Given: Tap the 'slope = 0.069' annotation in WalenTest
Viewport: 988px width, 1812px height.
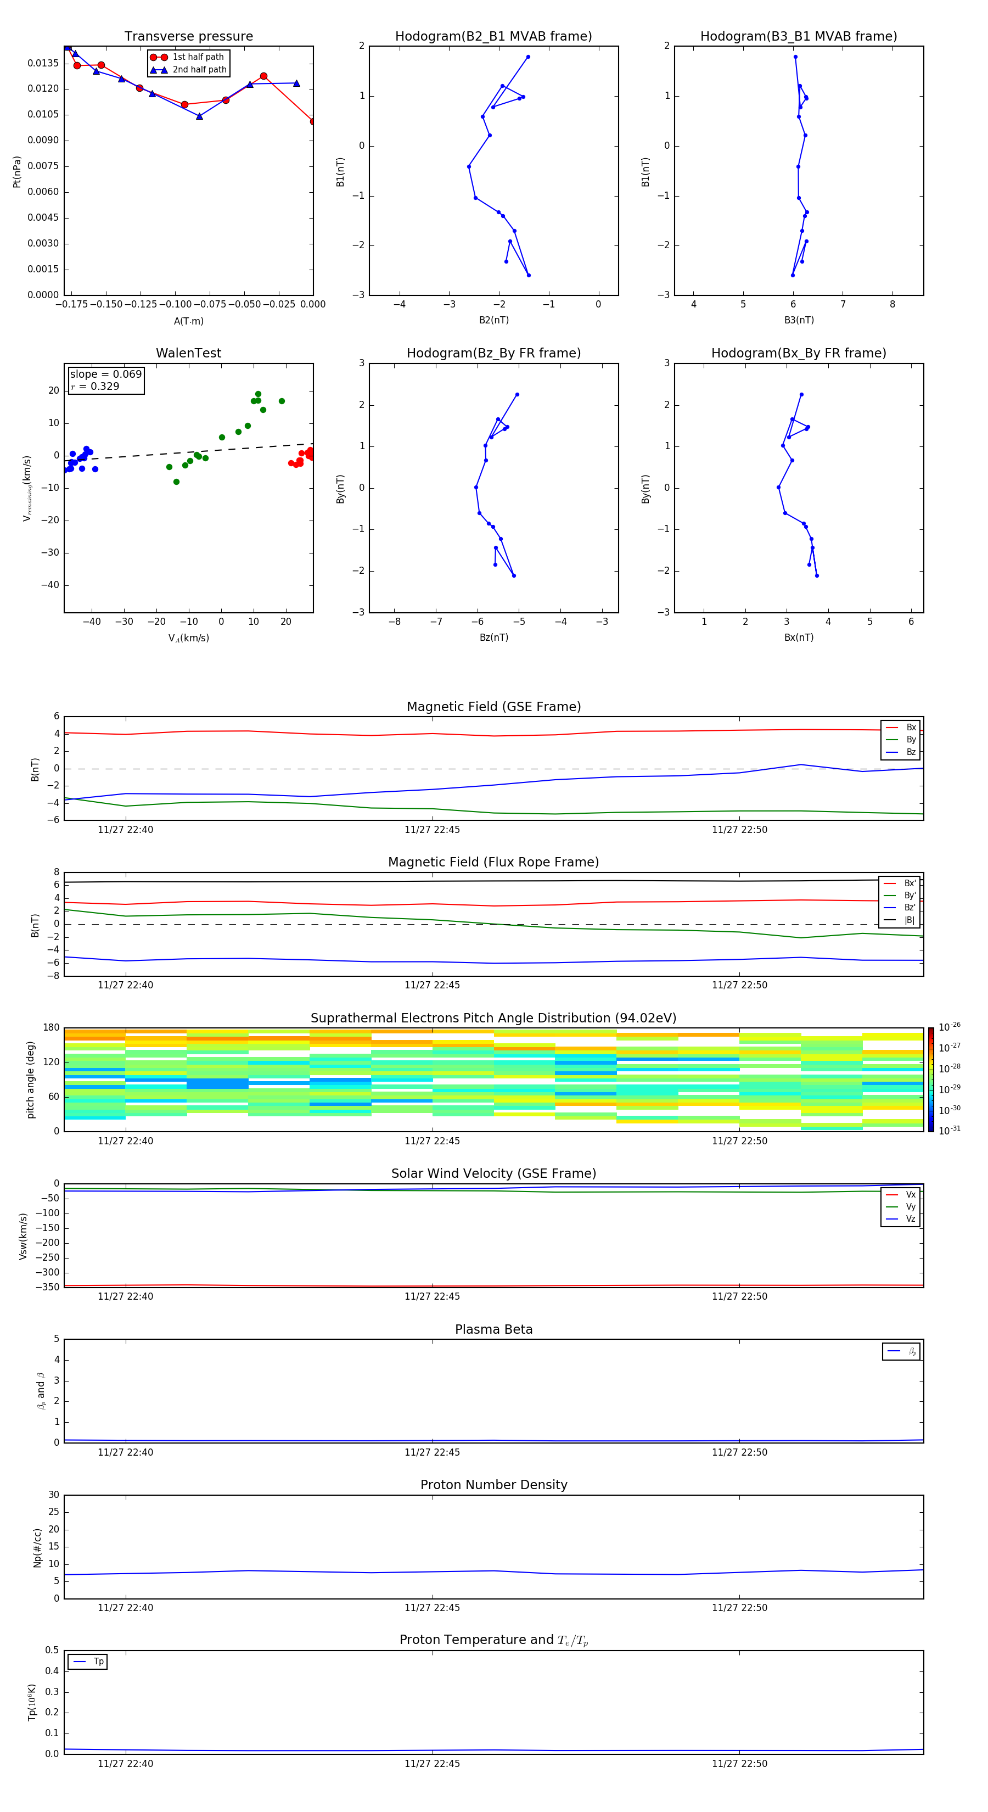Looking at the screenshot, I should pyautogui.click(x=105, y=374).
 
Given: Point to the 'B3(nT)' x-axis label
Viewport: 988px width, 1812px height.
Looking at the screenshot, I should pyautogui.click(x=799, y=320).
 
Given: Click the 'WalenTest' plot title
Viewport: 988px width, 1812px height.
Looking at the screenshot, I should pyautogui.click(x=188, y=353).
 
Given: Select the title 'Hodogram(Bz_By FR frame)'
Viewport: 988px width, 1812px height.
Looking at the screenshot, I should pyautogui.click(x=493, y=353).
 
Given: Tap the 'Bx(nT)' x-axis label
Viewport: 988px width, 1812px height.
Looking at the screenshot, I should pyautogui.click(x=799, y=637).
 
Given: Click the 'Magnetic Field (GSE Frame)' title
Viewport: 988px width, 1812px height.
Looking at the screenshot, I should pyautogui.click(x=493, y=707).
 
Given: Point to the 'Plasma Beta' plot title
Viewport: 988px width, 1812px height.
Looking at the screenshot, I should pyautogui.click(x=493, y=1329).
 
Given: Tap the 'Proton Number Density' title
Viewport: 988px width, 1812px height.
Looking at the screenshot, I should pyautogui.click(x=493, y=1485).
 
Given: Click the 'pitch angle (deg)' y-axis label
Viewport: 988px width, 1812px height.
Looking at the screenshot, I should pyautogui.click(x=30, y=1080).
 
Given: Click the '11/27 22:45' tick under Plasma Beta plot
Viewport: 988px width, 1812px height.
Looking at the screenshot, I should pyautogui.click(x=432, y=1452).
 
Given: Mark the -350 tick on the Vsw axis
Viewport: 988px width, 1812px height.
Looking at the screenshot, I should pyautogui.click(x=48, y=1287).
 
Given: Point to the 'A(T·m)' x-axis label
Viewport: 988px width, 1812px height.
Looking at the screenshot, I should pyautogui.click(x=188, y=321).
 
